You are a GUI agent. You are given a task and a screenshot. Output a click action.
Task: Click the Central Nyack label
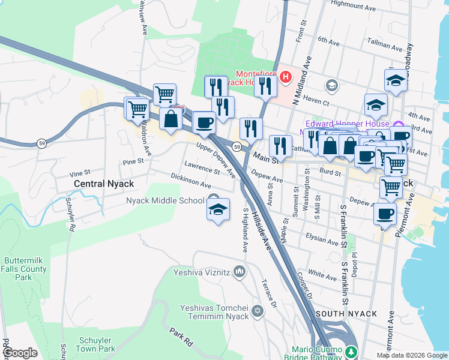(x=103, y=184)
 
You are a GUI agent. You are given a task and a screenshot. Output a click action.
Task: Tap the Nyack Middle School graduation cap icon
(x=218, y=210)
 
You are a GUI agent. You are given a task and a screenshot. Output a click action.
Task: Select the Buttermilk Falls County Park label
(x=25, y=269)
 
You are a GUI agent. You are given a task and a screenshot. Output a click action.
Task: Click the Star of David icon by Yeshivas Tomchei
(x=258, y=311)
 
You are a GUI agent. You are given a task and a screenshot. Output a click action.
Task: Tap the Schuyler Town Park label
(x=97, y=344)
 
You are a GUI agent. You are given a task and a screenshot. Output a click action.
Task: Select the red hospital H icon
(x=285, y=77)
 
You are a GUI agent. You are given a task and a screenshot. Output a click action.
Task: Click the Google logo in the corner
(x=20, y=353)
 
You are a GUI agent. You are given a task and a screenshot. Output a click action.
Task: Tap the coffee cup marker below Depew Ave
(x=385, y=214)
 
